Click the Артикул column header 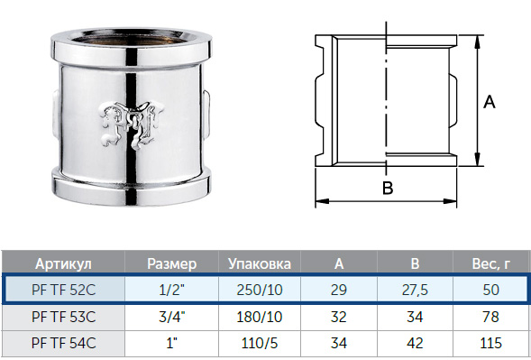click(x=63, y=263)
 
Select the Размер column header click(x=171, y=263)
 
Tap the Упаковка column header click(x=260, y=263)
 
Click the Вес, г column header click(x=490, y=263)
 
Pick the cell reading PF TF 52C click(x=64, y=290)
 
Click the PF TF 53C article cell click(x=64, y=317)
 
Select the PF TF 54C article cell click(x=64, y=343)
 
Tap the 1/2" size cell click(x=171, y=290)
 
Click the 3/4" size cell click(x=171, y=317)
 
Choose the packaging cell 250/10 click(x=260, y=290)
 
